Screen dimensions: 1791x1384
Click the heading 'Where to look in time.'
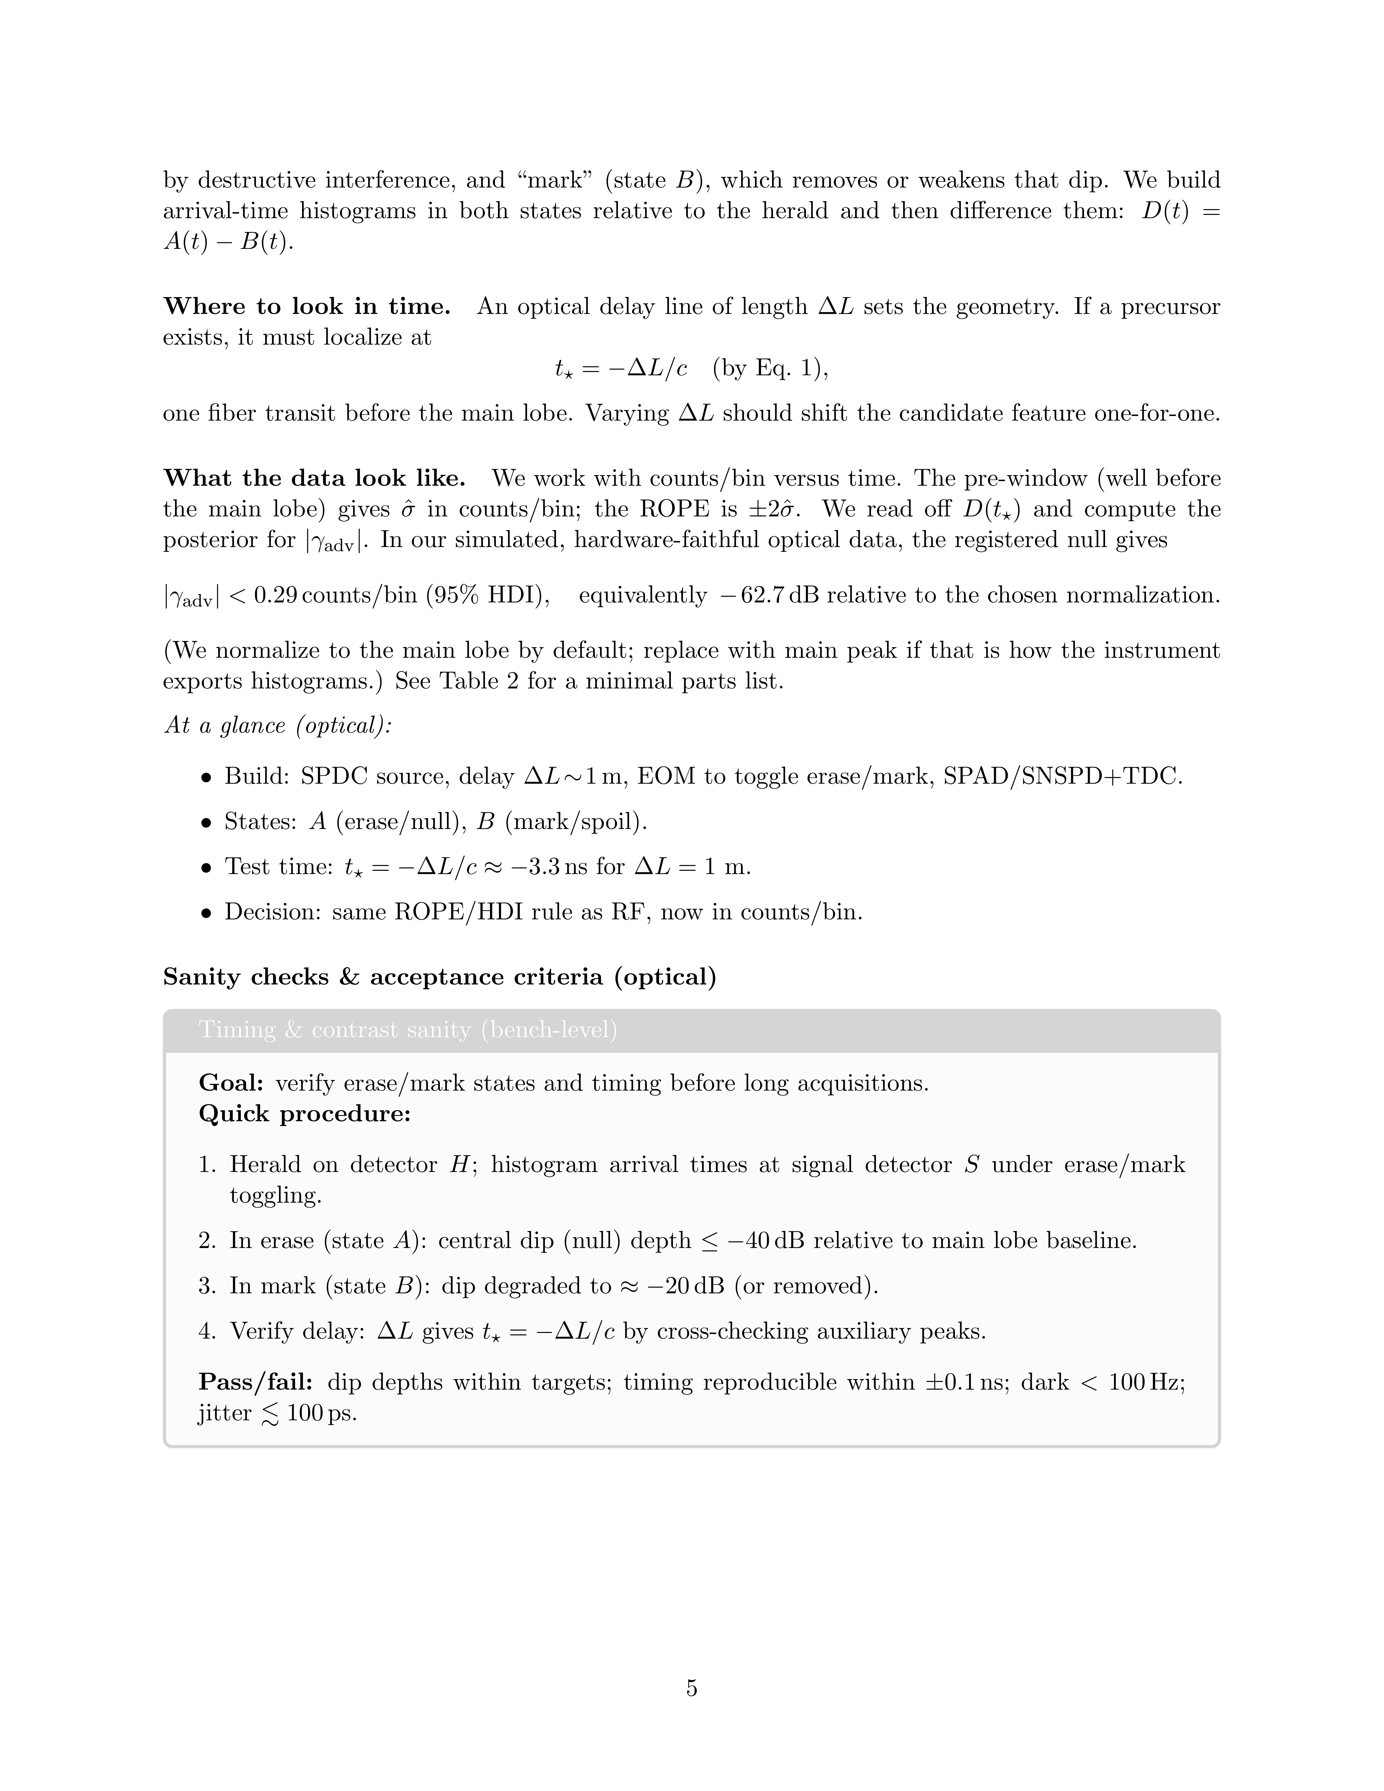pyautogui.click(x=307, y=307)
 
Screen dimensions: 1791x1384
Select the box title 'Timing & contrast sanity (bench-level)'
pyautogui.click(x=408, y=1030)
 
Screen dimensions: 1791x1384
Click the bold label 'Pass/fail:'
pyautogui.click(x=256, y=1383)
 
